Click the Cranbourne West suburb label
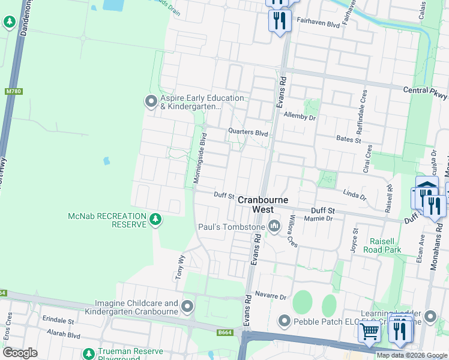pos(262,205)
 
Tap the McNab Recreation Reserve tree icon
pos(155,220)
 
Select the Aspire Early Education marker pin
pos(151,102)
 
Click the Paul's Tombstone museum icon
pos(274,226)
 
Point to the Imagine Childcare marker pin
pos(187,307)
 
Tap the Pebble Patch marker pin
pos(284,322)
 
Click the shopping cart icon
pos(369,331)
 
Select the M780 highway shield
pos(13,91)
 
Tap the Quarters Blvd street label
pos(247,132)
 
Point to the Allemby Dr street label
pos(300,116)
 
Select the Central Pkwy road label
pos(425,93)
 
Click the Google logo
pos(20,353)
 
